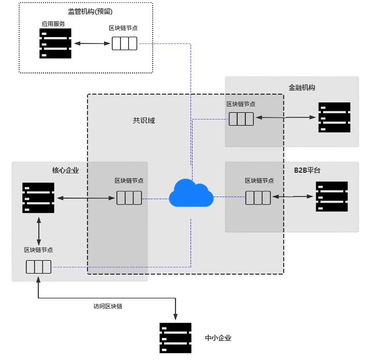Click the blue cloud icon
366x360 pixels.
click(191, 193)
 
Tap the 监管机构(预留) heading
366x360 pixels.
click(90, 11)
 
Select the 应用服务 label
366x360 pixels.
click(53, 24)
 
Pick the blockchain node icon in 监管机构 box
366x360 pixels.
click(125, 43)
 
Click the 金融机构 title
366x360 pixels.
click(302, 87)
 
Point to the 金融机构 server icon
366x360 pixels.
click(334, 117)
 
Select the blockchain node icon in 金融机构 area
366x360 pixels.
click(241, 119)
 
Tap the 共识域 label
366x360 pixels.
click(144, 121)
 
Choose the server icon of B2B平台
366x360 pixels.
click(332, 196)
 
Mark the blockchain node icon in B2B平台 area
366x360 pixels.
click(258, 198)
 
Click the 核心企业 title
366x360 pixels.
click(65, 170)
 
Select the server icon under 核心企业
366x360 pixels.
click(38, 198)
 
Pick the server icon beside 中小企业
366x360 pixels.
click(175, 338)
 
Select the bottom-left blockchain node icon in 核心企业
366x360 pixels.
click(39, 267)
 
